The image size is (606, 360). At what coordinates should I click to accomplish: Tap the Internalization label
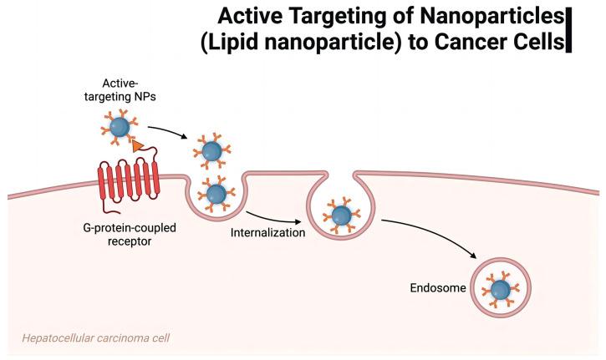267,232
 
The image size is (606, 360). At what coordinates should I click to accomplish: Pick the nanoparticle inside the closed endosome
500,289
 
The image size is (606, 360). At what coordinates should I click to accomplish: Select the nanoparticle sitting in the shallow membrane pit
216,194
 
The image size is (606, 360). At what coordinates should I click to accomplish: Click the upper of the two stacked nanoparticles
211,151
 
